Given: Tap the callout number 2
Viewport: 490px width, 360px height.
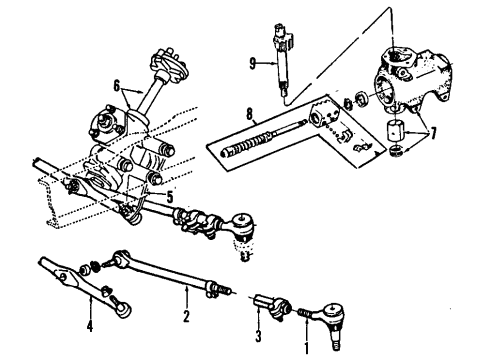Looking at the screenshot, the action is pos(186,316).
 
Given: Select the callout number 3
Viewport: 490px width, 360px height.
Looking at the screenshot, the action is pos(258,336).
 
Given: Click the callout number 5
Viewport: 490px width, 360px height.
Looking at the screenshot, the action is pos(170,197).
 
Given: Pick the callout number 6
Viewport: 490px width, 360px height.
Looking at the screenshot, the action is pos(116,86).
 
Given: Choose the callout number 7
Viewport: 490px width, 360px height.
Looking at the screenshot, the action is pos(433,134).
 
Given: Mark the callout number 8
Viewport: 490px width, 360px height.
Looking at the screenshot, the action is pos(250,114).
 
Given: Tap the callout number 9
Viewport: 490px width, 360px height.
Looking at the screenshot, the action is pos(252,63).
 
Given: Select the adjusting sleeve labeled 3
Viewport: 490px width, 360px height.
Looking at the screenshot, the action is pos(272,306).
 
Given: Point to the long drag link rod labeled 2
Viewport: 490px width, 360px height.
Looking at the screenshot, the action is pos(167,273).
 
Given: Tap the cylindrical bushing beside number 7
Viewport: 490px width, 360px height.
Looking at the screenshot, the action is pos(395,132).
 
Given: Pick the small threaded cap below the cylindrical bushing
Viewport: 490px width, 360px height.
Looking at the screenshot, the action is pos(396,150).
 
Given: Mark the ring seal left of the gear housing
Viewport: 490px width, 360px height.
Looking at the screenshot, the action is pos(361,98).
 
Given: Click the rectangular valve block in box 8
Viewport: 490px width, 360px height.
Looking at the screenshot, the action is pos(323,115).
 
